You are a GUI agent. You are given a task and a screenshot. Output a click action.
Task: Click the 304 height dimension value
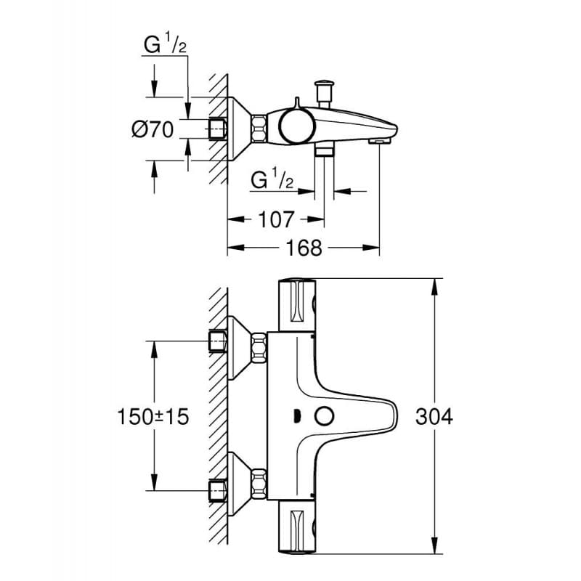pos(435,417)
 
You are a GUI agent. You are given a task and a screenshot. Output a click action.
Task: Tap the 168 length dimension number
pos(304,248)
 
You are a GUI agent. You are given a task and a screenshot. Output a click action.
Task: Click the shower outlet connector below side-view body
pos(324,150)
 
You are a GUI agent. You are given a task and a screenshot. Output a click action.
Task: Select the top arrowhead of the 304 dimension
pos(434,285)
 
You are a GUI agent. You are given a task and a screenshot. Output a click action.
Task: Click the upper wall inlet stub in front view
pos(217,341)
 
